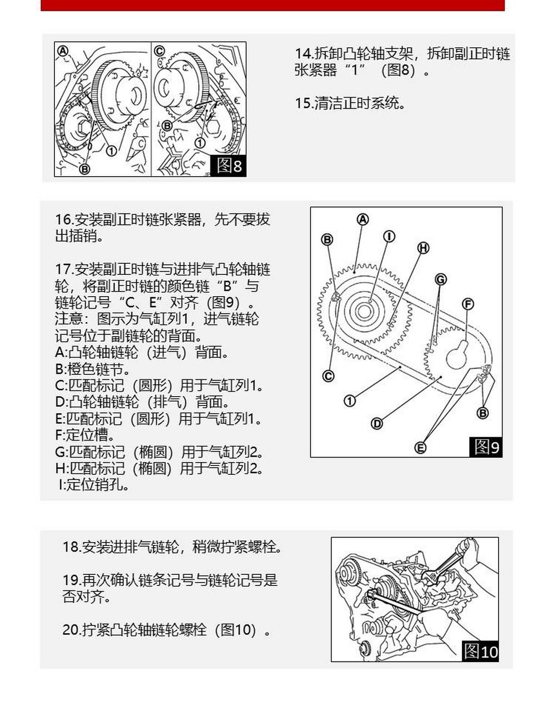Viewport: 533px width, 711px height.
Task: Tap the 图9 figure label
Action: click(x=486, y=447)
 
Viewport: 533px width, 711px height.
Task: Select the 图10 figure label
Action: click(x=481, y=650)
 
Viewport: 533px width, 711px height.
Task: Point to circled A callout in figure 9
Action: click(x=363, y=219)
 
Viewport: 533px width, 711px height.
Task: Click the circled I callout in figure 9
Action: click(x=389, y=236)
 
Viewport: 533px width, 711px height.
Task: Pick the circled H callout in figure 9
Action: click(x=423, y=248)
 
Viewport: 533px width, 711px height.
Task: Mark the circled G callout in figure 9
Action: click(x=440, y=279)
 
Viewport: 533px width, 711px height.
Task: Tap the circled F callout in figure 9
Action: click(x=468, y=304)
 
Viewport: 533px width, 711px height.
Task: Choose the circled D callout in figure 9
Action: click(x=376, y=424)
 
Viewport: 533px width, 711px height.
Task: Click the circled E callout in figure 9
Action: click(x=420, y=447)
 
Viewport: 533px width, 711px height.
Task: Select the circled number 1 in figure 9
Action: click(x=350, y=400)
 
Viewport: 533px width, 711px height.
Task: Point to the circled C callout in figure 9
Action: click(x=328, y=376)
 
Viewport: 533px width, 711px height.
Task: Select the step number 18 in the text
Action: click(x=72, y=547)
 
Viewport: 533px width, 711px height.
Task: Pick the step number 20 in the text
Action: click(x=72, y=630)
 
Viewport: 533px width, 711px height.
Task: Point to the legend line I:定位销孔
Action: click(x=94, y=485)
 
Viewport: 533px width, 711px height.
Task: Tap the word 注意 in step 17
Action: click(x=69, y=319)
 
